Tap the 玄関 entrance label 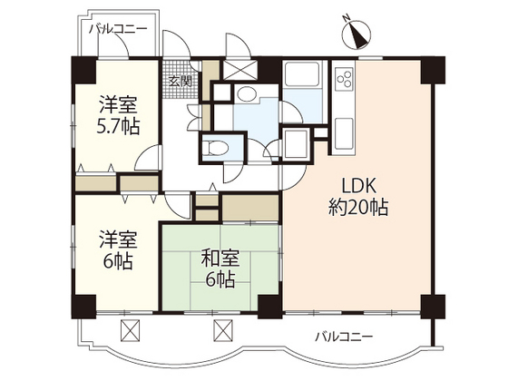pos(178,81)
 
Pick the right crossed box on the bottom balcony pos(222,331)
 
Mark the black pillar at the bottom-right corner pos(434,307)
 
